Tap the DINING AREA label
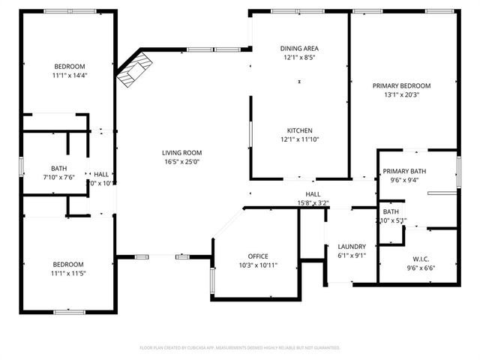click(298, 47)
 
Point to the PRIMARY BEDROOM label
click(401, 85)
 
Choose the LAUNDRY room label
click(351, 246)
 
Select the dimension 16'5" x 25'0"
click(182, 162)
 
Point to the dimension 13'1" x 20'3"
click(401, 94)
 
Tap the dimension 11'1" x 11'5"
click(68, 273)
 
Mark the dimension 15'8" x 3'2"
click(313, 202)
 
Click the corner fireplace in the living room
click(135, 69)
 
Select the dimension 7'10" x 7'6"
click(58, 177)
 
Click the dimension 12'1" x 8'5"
click(298, 57)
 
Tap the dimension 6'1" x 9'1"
click(351, 255)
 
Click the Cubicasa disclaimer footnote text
click(240, 348)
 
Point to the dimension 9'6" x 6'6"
click(421, 268)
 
